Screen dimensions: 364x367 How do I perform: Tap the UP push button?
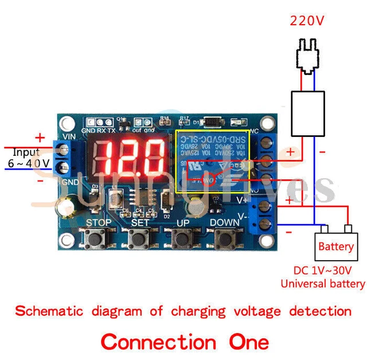click(182, 237)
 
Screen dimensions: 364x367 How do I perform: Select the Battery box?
click(335, 247)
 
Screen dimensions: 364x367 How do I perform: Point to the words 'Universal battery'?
click(322, 284)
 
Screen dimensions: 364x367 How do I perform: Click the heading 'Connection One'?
click(185, 342)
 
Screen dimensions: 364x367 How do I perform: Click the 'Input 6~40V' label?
click(29, 158)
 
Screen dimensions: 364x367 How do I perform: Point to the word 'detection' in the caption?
click(320, 311)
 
